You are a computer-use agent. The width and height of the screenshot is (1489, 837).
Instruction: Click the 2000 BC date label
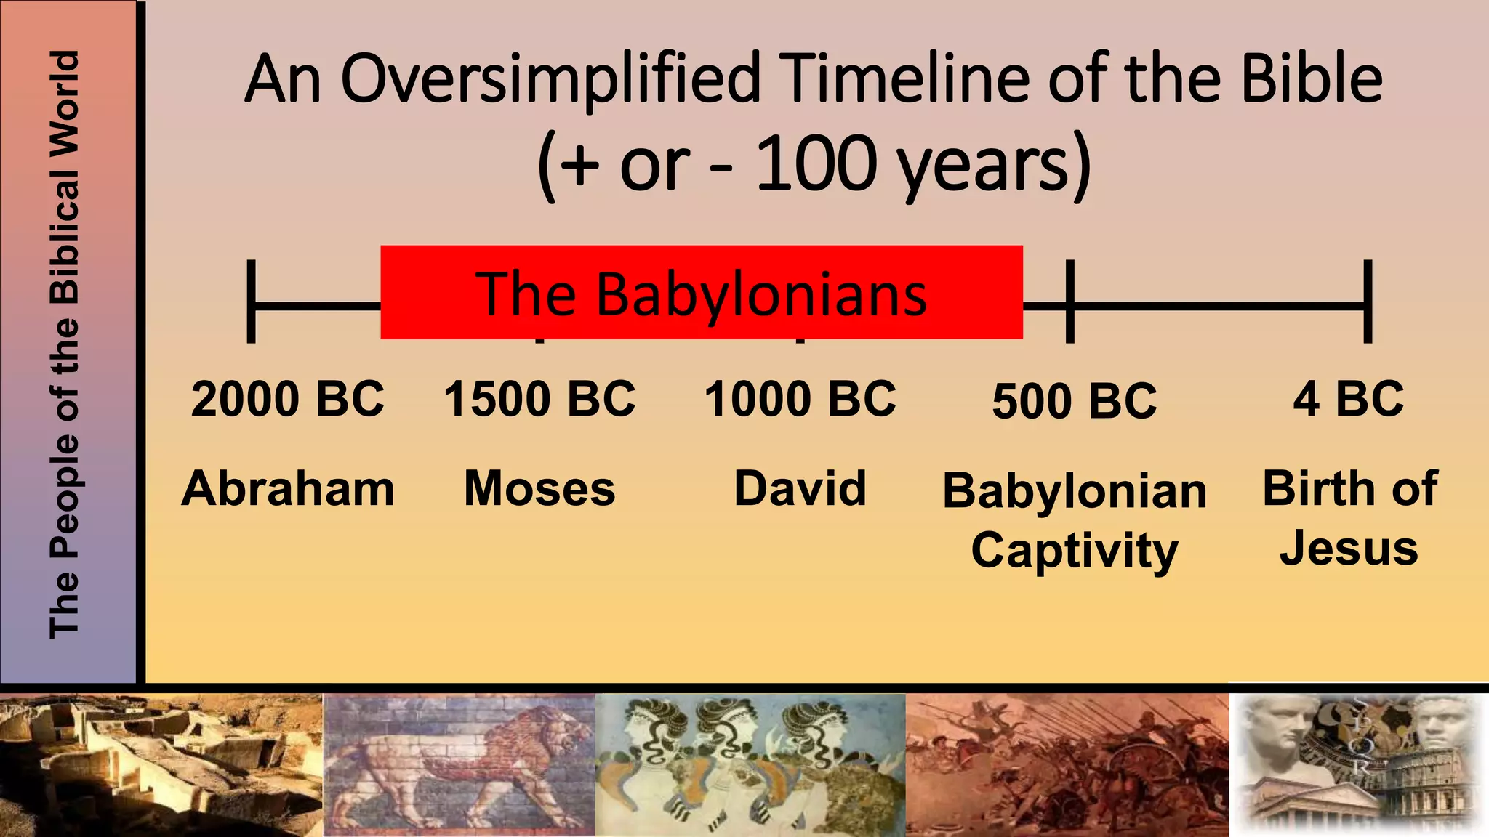287,399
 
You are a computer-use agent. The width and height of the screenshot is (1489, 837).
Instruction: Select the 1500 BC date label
539,399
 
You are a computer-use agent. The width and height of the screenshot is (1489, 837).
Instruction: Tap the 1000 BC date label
800,399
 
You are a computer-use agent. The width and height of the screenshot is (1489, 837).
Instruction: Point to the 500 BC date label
1074,401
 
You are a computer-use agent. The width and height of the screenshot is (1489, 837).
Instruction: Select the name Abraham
288,488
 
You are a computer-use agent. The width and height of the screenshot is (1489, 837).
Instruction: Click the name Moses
539,488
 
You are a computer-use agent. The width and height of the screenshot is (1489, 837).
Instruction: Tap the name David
800,488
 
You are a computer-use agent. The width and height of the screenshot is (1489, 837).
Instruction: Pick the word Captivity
1074,551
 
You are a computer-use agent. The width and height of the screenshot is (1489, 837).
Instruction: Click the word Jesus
1349,549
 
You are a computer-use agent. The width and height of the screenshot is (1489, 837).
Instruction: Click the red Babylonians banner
701,293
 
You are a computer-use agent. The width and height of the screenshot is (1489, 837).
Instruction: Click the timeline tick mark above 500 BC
1069,302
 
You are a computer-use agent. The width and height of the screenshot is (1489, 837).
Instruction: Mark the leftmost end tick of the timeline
252,302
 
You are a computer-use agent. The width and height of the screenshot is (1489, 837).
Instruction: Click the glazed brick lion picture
459,764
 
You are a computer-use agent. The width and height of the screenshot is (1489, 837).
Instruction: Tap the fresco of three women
750,764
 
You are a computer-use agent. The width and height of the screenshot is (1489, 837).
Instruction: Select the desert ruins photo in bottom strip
161,764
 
